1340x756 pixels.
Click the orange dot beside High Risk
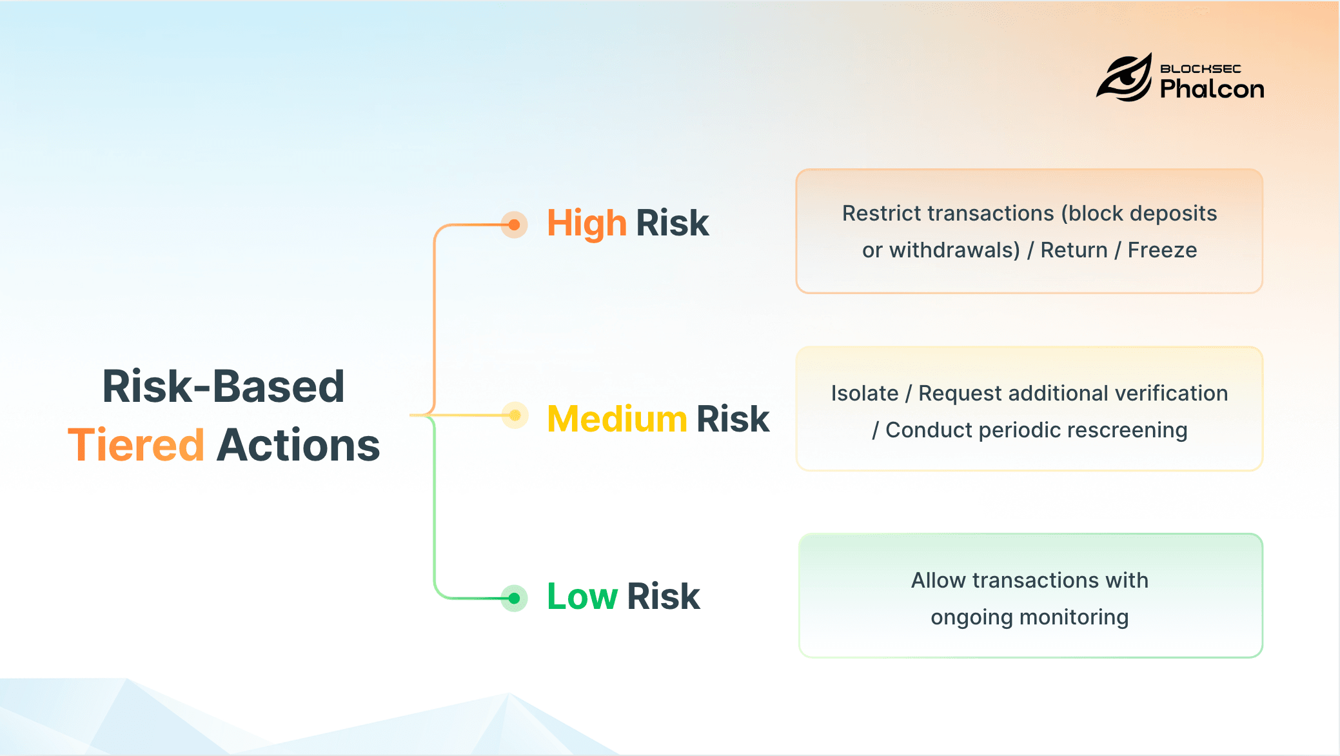pyautogui.click(x=514, y=224)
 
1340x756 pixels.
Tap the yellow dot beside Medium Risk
pyautogui.click(x=515, y=415)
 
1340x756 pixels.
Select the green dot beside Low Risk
pyautogui.click(x=514, y=599)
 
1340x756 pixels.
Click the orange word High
pyautogui.click(x=586, y=224)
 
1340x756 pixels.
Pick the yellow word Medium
pyautogui.click(x=617, y=419)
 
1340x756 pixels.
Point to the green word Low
pyautogui.click(x=582, y=597)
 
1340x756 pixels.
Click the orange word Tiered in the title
pyautogui.click(x=136, y=445)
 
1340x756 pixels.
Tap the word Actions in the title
pyautogui.click(x=298, y=445)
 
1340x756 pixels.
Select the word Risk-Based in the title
pyautogui.click(x=223, y=387)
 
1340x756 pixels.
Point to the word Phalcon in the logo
pyautogui.click(x=1212, y=89)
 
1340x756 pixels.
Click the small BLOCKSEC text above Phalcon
pyautogui.click(x=1200, y=68)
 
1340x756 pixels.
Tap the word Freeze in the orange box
pyautogui.click(x=1162, y=250)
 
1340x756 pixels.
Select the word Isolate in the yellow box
pyautogui.click(x=864, y=393)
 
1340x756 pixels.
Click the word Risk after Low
pyautogui.click(x=663, y=597)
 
